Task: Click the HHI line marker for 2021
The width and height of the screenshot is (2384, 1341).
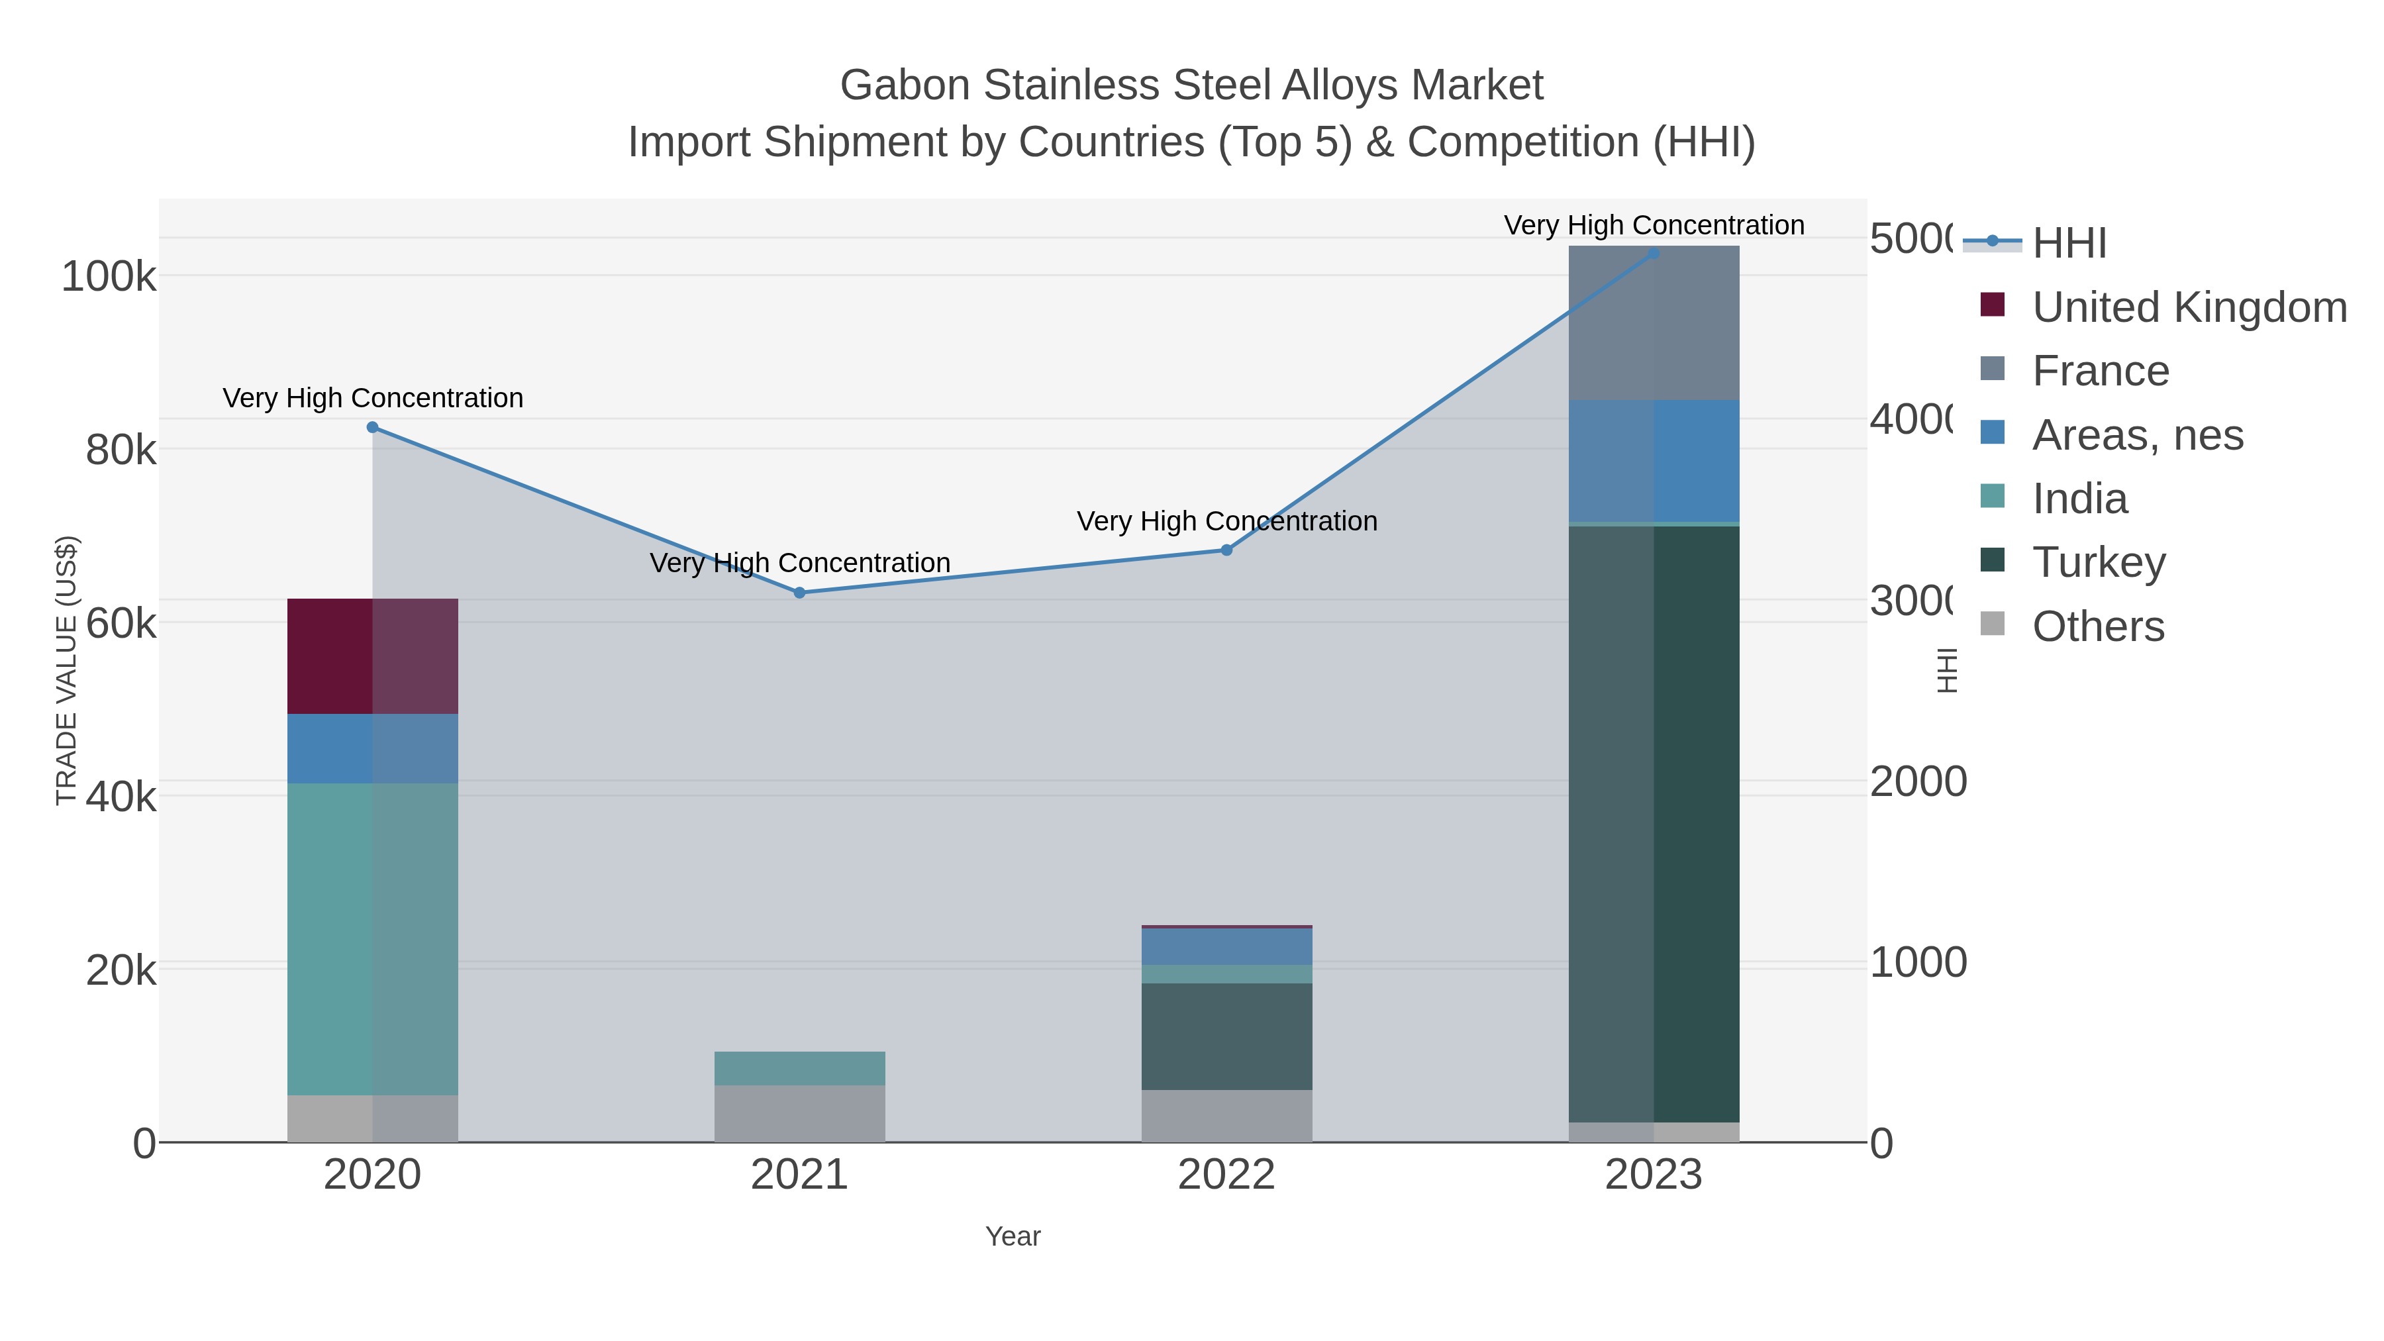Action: pyautogui.click(x=799, y=592)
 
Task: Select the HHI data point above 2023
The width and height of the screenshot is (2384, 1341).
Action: pyautogui.click(x=1653, y=253)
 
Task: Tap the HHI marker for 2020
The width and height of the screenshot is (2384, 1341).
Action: pyautogui.click(x=372, y=426)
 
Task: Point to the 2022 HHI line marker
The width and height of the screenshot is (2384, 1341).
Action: pyautogui.click(x=1226, y=550)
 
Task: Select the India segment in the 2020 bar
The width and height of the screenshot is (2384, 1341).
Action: pyautogui.click(x=372, y=938)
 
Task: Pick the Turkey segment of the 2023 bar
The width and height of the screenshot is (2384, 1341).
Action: pyautogui.click(x=1653, y=824)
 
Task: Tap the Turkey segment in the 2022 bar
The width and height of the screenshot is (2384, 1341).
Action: pyautogui.click(x=1226, y=1036)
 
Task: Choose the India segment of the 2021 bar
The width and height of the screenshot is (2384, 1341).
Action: pyautogui.click(x=799, y=1068)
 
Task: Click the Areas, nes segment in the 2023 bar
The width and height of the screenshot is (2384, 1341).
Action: pyautogui.click(x=1653, y=461)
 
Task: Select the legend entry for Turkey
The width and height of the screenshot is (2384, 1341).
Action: pyautogui.click(x=2098, y=562)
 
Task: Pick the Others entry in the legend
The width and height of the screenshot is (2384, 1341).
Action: pyautogui.click(x=2097, y=626)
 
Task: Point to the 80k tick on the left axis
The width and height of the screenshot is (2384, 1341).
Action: pyautogui.click(x=121, y=451)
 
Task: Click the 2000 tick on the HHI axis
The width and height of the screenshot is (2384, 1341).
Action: pyautogui.click(x=1918, y=782)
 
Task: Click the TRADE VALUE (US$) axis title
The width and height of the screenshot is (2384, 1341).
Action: pyautogui.click(x=67, y=670)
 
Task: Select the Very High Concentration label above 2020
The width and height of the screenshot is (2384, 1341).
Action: pyautogui.click(x=373, y=398)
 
